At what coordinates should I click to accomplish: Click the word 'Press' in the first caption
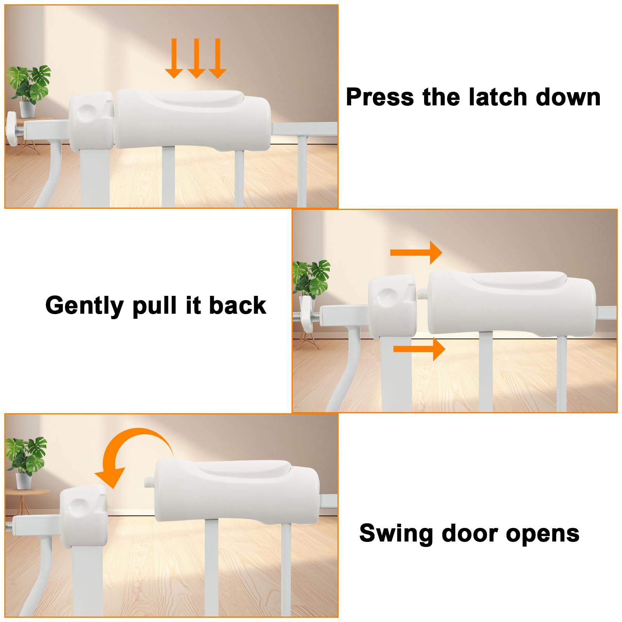click(380, 97)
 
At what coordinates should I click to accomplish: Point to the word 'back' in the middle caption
click(238, 306)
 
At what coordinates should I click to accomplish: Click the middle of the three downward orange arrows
click(196, 58)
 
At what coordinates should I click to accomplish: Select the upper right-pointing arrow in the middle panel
click(416, 253)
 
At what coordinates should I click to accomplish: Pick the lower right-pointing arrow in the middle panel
click(419, 349)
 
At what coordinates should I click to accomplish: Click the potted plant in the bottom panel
click(25, 463)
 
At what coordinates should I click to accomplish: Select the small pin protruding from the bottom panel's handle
click(148, 482)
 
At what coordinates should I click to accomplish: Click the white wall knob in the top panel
click(11, 129)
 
